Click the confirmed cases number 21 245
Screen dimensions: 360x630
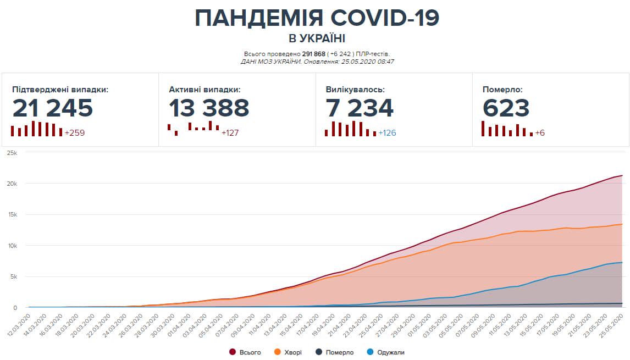(x=53, y=108)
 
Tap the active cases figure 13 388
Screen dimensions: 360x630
(x=209, y=108)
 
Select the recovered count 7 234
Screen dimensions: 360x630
(x=360, y=108)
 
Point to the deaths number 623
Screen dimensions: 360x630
(x=506, y=108)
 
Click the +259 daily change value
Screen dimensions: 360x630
(x=75, y=133)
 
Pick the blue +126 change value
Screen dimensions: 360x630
(x=387, y=133)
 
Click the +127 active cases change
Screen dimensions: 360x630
(x=230, y=133)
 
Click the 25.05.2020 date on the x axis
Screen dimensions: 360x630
(x=614, y=322)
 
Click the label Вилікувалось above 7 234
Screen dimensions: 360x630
(x=355, y=89)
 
